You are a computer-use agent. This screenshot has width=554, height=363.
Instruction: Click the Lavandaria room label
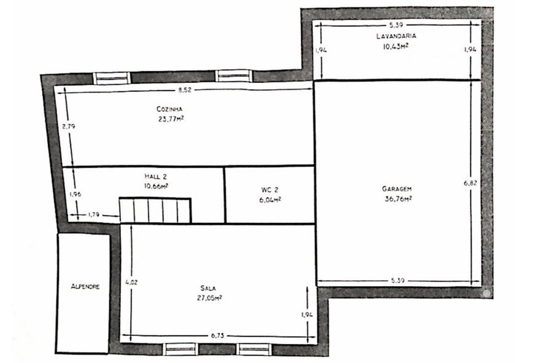(396, 36)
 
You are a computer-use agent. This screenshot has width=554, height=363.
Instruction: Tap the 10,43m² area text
(396, 46)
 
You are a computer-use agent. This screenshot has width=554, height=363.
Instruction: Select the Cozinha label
(170, 109)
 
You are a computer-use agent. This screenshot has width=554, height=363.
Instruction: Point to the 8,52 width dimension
(185, 90)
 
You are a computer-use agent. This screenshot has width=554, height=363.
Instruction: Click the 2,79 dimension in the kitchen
(69, 126)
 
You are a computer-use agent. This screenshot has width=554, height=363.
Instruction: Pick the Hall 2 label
(156, 176)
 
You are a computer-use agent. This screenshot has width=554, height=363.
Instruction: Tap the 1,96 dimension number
(76, 193)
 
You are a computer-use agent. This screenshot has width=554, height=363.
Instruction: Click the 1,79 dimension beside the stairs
(93, 214)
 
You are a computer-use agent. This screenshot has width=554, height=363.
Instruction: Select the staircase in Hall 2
(155, 210)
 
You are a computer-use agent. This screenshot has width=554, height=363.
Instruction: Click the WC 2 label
(270, 190)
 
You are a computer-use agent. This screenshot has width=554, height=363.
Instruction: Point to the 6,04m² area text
(270, 200)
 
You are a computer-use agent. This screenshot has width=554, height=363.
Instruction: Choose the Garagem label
(397, 189)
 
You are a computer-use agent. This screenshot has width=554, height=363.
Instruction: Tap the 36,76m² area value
(398, 198)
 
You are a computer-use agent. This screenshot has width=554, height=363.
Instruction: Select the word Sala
(208, 288)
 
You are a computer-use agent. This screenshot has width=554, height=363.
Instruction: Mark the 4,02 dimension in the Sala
(132, 282)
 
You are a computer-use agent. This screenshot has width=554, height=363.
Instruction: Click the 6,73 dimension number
(217, 336)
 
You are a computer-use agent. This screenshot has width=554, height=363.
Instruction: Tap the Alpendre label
(85, 287)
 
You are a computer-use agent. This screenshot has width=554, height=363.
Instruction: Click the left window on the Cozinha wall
(112, 78)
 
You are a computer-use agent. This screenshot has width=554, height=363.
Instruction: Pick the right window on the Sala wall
(254, 349)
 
